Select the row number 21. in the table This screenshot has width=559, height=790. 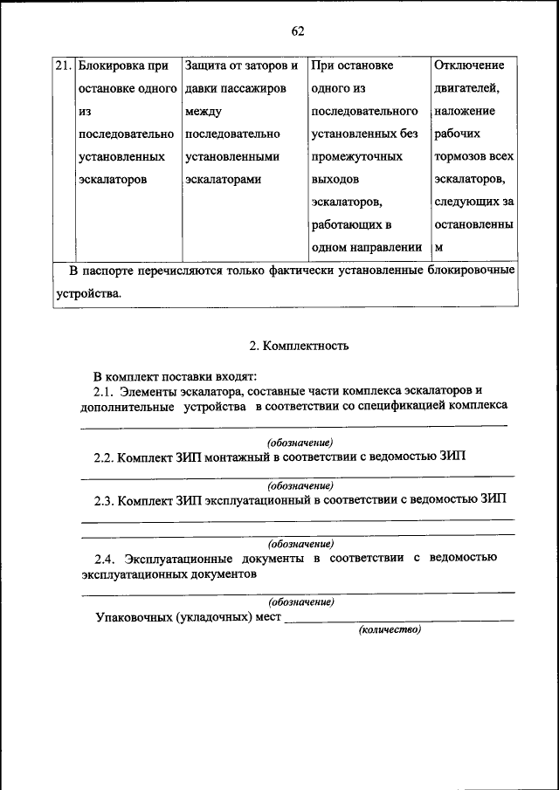62,65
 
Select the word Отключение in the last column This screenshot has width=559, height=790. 469,65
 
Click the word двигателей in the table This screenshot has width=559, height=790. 466,88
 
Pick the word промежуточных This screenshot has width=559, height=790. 356,156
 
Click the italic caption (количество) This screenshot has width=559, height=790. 390,629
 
